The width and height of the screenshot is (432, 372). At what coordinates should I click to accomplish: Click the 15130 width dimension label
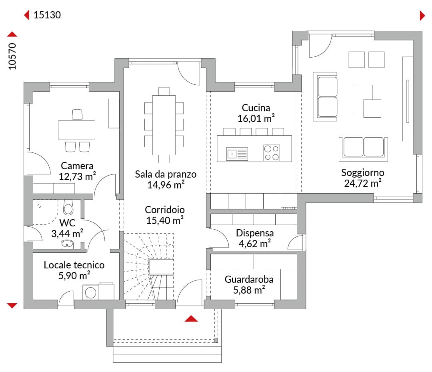click(x=47, y=15)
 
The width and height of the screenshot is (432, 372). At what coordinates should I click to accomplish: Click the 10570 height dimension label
click(x=12, y=56)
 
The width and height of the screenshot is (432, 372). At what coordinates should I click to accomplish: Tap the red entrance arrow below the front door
click(x=191, y=319)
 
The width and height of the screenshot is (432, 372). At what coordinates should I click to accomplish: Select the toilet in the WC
click(x=68, y=208)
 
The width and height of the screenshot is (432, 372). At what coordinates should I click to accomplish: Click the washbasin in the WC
click(x=67, y=244)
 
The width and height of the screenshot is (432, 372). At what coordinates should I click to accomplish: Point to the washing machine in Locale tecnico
click(x=90, y=292)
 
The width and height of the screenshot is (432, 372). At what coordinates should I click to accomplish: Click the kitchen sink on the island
click(x=237, y=154)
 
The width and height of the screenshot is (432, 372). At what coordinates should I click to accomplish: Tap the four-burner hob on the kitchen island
click(x=272, y=153)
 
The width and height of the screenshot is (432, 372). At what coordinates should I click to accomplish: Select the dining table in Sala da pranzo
click(x=164, y=125)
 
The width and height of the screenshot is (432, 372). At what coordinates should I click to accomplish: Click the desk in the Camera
click(x=76, y=130)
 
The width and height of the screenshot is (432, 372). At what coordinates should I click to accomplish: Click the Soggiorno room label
click(x=362, y=173)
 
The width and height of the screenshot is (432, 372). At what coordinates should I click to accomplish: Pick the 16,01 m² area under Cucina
click(x=256, y=118)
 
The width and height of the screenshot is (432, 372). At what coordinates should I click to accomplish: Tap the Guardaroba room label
click(x=249, y=280)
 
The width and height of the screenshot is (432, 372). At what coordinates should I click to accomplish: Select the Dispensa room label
click(x=255, y=233)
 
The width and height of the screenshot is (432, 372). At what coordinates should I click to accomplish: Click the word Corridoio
click(x=165, y=210)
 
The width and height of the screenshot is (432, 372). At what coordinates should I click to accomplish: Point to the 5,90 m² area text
click(x=74, y=276)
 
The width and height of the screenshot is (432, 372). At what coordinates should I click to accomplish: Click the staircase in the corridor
click(x=149, y=266)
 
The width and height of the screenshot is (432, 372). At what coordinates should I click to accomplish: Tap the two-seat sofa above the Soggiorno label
click(x=363, y=149)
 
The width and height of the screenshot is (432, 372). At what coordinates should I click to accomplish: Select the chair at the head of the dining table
click(x=164, y=91)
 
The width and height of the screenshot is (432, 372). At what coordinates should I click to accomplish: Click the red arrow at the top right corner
click(x=422, y=16)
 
